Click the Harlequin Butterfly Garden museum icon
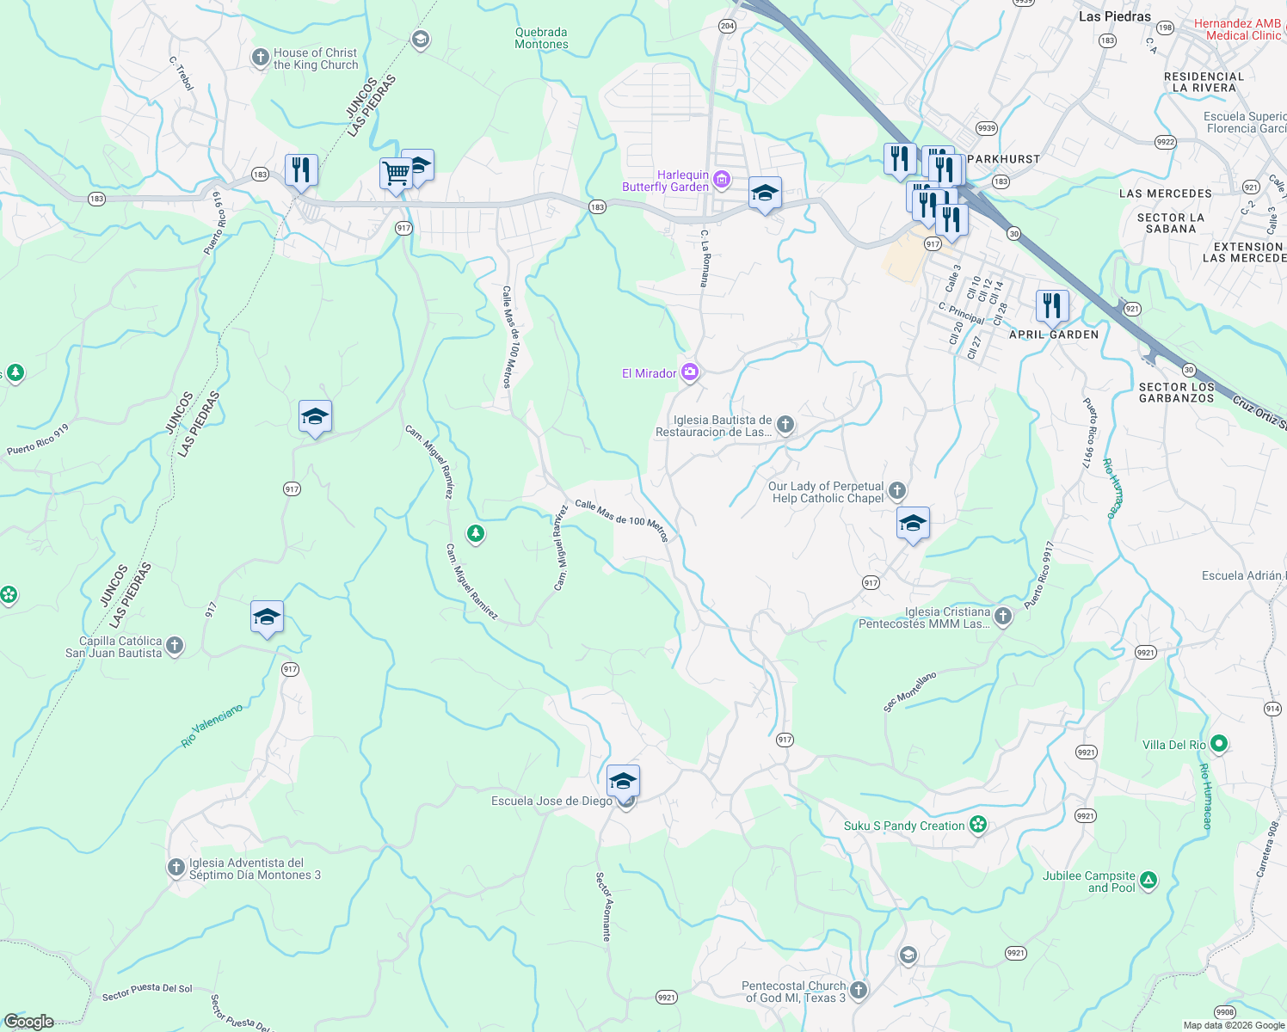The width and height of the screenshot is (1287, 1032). (722, 180)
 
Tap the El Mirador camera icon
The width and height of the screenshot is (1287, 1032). (689, 372)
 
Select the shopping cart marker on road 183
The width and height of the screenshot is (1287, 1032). (396, 174)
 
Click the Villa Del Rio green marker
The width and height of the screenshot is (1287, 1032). (1218, 744)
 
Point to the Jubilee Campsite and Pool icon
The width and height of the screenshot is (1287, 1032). (1148, 881)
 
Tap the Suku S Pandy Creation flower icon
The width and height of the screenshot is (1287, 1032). (977, 825)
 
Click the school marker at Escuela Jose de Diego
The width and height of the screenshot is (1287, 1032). (623, 782)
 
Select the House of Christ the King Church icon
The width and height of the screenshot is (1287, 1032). (260, 58)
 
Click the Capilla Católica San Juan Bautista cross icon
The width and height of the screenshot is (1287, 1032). (175, 646)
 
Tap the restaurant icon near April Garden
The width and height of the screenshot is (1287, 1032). (1052, 305)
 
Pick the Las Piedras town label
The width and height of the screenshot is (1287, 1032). (1114, 16)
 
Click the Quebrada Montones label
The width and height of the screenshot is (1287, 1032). (541, 38)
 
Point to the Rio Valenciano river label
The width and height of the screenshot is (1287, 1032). (212, 726)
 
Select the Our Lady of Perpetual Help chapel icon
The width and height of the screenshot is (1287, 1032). (897, 490)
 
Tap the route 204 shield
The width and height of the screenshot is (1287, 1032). (727, 26)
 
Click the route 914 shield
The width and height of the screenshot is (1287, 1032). (1272, 709)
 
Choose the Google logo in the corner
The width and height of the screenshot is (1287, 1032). (29, 1022)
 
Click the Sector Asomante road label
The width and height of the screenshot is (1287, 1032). (604, 906)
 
